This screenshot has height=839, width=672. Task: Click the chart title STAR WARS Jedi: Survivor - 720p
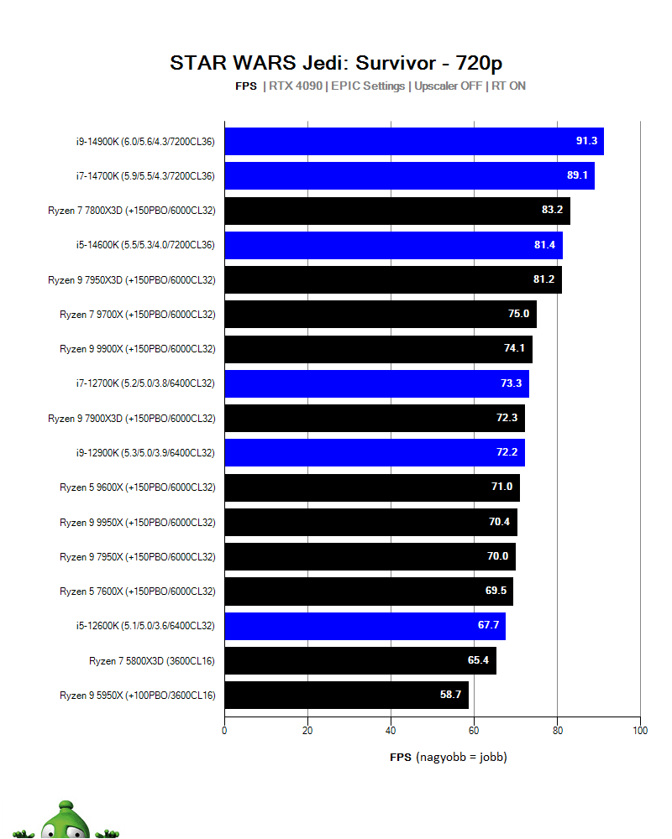tap(336, 63)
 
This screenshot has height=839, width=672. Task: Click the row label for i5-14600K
tap(145, 244)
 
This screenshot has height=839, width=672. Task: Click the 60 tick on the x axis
tap(474, 731)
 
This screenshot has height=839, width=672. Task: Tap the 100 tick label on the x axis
tap(640, 731)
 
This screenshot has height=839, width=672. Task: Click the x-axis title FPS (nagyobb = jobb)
tap(449, 757)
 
